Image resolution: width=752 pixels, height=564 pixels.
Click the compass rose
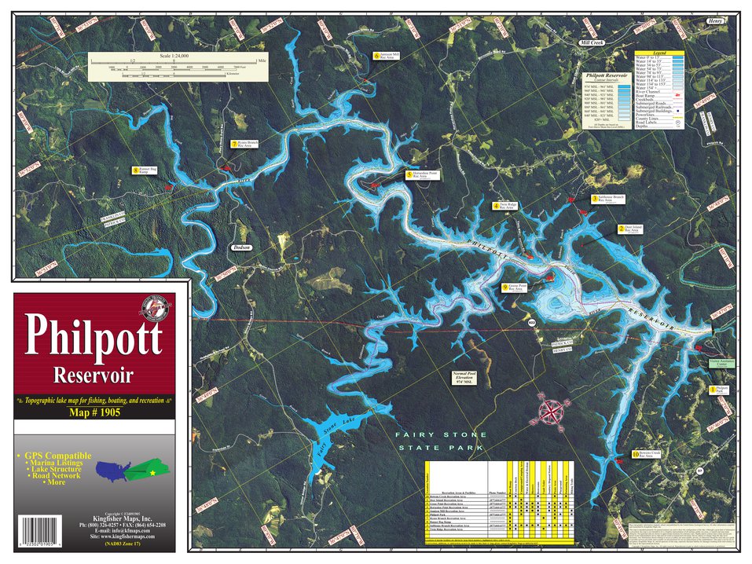[552, 411]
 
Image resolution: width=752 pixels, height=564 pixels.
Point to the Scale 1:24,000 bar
[178, 66]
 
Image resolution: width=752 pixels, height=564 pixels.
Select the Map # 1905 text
[94, 413]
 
